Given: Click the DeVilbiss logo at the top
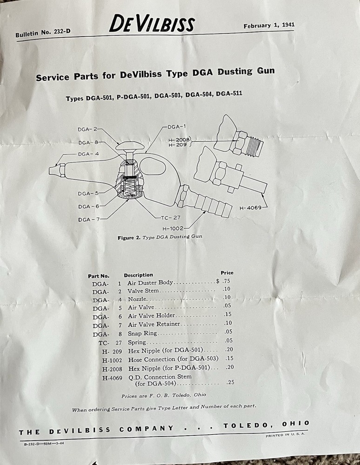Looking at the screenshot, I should (x=152, y=24).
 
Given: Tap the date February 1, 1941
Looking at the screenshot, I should (x=269, y=25).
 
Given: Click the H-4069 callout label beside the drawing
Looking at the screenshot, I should (x=249, y=207).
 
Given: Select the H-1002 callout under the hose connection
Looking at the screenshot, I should (x=173, y=228).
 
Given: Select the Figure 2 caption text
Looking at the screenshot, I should (x=160, y=237).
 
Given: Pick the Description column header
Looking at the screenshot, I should (x=138, y=275).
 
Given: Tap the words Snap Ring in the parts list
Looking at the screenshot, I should (x=142, y=333).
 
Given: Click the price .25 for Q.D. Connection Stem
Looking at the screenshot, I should (x=230, y=383).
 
